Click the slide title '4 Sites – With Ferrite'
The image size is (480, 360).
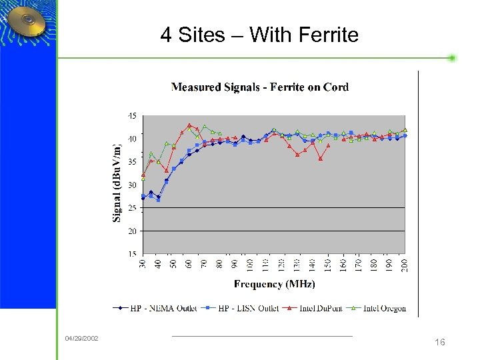(x=259, y=35)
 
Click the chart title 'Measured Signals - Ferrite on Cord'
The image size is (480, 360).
(x=260, y=87)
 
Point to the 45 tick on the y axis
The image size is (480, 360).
(x=132, y=115)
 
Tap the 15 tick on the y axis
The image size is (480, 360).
(x=132, y=254)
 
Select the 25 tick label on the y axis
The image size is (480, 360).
(x=132, y=208)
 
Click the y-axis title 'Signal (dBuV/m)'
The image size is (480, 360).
(x=117, y=183)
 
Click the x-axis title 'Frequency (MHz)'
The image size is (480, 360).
(x=274, y=284)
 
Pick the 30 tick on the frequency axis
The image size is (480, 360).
(x=143, y=264)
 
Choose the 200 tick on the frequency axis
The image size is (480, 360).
(x=405, y=264)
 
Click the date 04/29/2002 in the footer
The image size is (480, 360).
(x=81, y=339)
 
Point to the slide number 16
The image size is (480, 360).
(x=439, y=342)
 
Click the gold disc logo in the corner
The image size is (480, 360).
(x=27, y=23)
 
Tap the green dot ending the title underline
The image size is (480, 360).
(x=452, y=58)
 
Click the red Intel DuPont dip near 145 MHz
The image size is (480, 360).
(x=321, y=159)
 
